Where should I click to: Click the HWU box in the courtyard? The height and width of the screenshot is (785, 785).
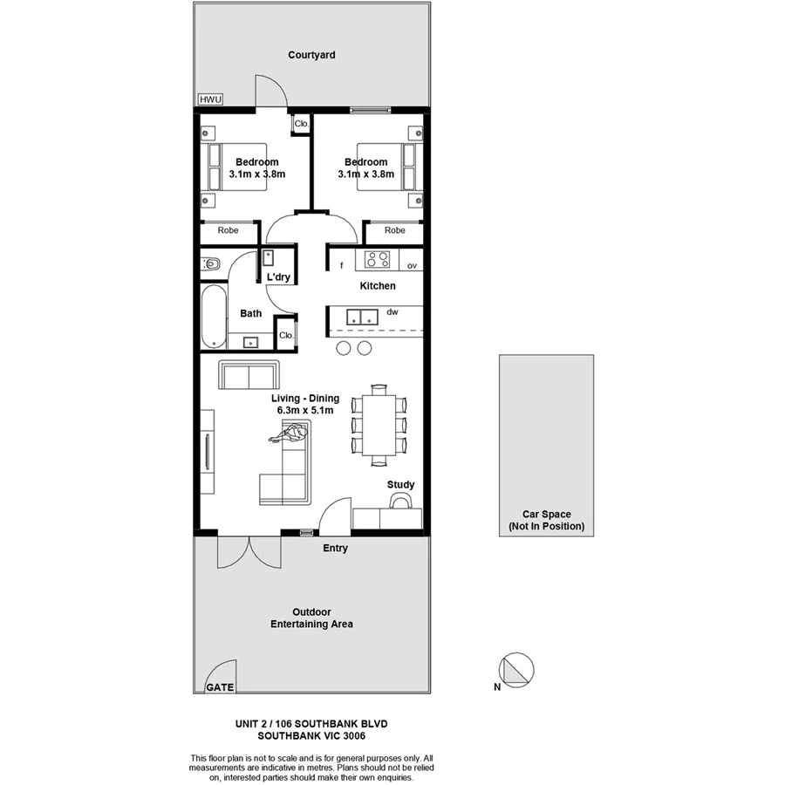[x=210, y=99]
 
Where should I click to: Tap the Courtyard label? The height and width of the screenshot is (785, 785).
[x=311, y=55]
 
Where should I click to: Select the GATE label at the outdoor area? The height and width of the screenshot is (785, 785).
[x=220, y=687]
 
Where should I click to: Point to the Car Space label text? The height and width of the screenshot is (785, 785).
[x=547, y=521]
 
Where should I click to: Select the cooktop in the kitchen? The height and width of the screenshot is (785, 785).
[x=378, y=259]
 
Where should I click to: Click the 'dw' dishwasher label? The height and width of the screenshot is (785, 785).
[x=392, y=311]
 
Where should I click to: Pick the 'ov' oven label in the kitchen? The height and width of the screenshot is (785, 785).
[x=413, y=265]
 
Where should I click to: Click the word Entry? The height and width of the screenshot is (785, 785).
[x=335, y=549]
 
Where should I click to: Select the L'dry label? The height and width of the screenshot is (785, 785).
[x=278, y=277]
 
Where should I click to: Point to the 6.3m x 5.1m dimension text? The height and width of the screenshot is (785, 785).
[x=304, y=410]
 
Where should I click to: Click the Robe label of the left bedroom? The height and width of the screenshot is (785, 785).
[x=228, y=231]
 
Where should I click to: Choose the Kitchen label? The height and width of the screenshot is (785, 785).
[x=378, y=285]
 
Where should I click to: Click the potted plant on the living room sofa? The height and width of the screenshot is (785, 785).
[x=295, y=432]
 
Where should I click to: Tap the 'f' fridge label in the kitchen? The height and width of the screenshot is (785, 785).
[x=341, y=265]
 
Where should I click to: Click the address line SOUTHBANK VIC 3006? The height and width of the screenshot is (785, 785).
[x=311, y=735]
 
